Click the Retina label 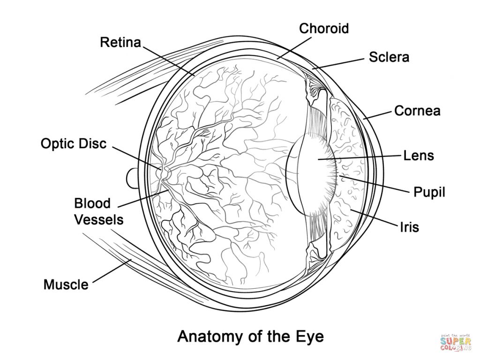tap(120, 43)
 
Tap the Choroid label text tap(324, 29)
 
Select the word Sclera tap(389, 57)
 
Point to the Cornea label tap(417, 111)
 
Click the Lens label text tap(419, 155)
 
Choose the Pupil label tap(429, 192)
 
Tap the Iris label tap(409, 227)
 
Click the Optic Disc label tap(74, 143)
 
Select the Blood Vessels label tap(99, 211)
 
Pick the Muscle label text tap(66, 284)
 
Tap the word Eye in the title tap(309, 336)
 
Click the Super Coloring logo tap(455, 342)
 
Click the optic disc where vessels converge tap(165, 172)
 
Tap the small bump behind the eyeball tap(131, 178)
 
